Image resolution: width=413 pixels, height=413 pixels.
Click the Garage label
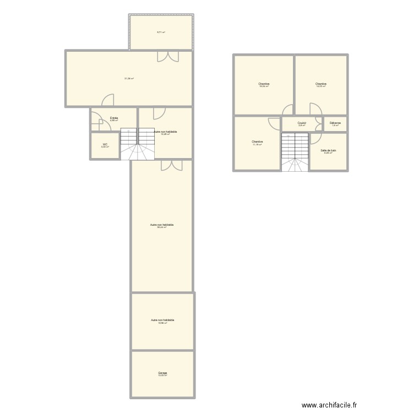click(x=162, y=373)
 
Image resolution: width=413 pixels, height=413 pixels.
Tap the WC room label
click(x=105, y=145)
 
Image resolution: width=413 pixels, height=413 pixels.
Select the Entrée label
click(x=114, y=118)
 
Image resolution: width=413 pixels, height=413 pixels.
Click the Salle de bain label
click(x=328, y=150)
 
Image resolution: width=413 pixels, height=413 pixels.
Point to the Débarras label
click(x=335, y=123)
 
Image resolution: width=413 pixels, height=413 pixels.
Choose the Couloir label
click(x=302, y=123)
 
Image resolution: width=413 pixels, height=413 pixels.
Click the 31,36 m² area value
click(x=129, y=79)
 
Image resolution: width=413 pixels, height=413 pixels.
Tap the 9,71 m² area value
click(x=161, y=32)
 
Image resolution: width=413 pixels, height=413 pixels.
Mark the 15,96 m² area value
click(x=162, y=323)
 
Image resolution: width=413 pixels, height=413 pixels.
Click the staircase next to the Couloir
click(x=295, y=151)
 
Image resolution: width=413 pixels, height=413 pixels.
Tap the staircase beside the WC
click(x=137, y=144)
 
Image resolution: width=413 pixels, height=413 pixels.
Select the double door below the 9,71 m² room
click(x=168, y=56)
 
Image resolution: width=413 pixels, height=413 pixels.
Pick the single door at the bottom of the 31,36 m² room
click(x=108, y=100)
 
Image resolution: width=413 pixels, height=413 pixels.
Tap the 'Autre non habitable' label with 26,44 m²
click(x=162, y=225)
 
